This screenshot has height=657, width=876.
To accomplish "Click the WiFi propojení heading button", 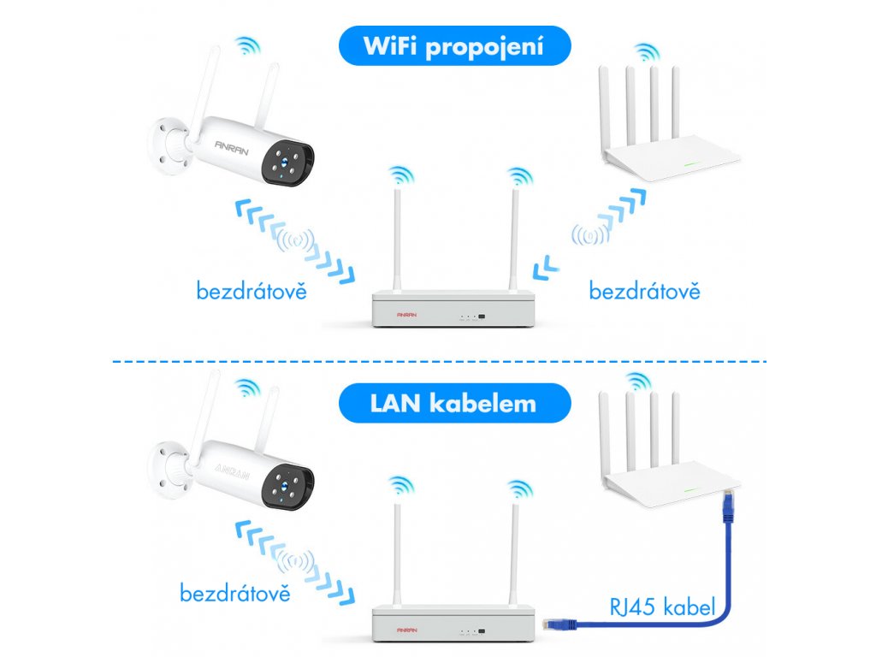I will coord(453,45).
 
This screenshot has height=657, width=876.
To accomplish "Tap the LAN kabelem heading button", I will coord(453,403).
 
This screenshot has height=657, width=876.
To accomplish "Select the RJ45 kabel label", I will coord(662,608).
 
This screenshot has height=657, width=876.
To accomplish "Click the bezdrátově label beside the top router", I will coord(644,291).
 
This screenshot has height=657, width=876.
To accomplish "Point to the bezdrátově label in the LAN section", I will coord(235,592).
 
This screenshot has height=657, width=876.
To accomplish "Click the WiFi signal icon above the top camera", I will coord(249,44).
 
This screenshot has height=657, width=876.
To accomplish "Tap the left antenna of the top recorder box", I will coord(398,240).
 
